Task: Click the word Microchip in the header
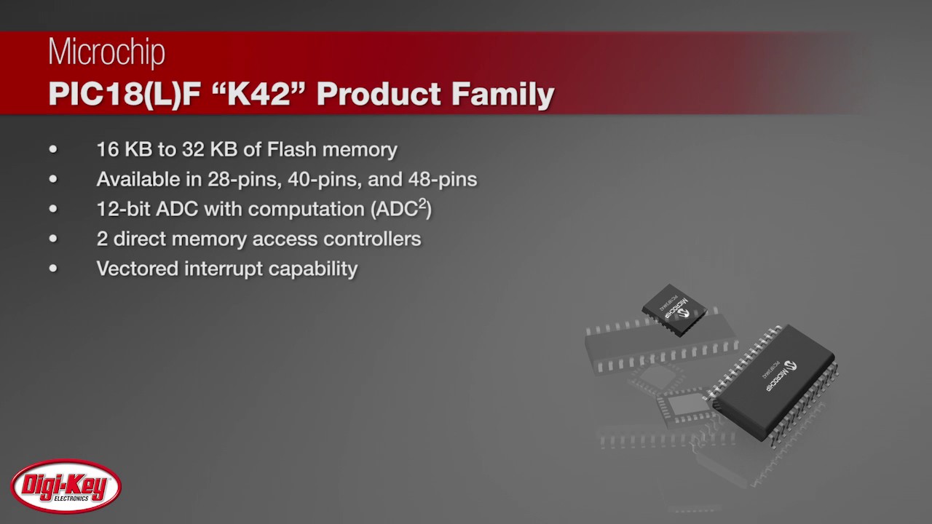pos(106,52)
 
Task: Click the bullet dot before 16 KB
pos(53,149)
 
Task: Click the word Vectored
pos(137,269)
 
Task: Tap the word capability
pos(313,269)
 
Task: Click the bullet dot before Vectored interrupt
pos(53,269)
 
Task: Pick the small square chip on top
pos(674,309)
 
